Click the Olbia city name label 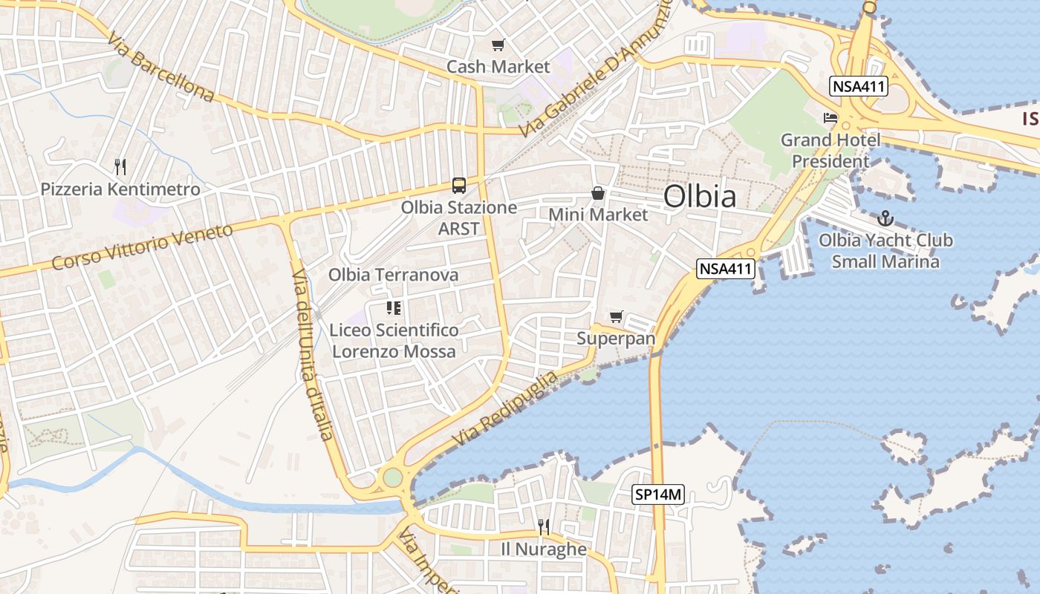pos(700,197)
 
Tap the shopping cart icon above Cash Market pos(498,45)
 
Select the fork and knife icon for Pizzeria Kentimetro pos(120,167)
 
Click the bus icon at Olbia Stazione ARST pos(459,186)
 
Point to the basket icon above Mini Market pos(598,194)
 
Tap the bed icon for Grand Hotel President pos(831,118)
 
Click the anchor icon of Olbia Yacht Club pos(885,218)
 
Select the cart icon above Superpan pos(616,317)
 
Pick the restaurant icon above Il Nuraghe pos(544,527)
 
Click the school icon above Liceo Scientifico pos(394,308)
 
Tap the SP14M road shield pos(657,494)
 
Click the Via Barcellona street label pos(160,67)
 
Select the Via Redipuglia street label pos(504,409)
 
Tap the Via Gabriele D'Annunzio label pos(594,71)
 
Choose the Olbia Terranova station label pos(394,275)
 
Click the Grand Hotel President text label pos(831,150)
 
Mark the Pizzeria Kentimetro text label pos(120,189)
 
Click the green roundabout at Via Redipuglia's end pos(392,477)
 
